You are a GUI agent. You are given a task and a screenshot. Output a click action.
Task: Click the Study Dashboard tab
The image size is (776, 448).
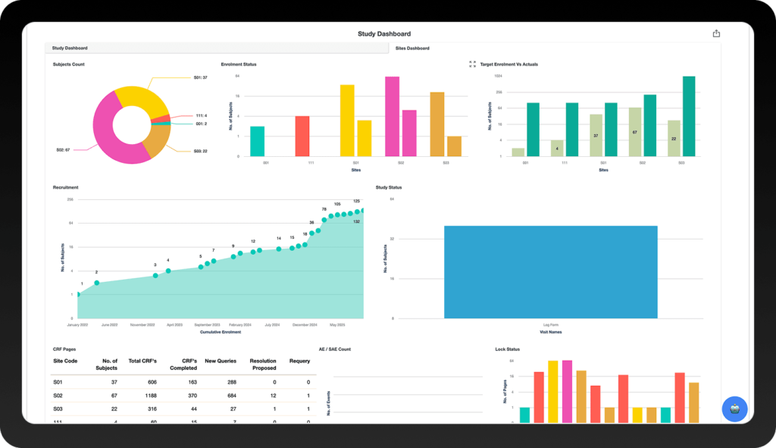[x=70, y=48]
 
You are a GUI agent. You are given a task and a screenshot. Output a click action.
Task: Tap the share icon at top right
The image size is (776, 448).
[x=716, y=33]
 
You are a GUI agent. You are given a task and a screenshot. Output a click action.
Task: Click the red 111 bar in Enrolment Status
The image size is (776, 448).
[x=302, y=136]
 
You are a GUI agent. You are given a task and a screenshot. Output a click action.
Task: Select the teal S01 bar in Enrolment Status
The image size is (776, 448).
[x=257, y=141]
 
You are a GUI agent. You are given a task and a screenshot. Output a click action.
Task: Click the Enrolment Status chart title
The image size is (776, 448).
[x=239, y=64]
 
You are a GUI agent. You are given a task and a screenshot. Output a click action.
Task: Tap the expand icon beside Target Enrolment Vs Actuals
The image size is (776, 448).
[x=472, y=64]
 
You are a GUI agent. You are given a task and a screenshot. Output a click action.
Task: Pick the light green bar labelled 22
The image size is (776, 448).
[x=674, y=138]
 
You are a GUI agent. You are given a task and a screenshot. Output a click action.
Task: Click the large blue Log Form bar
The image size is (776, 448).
[x=550, y=271]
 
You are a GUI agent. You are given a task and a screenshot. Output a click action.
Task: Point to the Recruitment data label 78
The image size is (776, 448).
[x=324, y=209]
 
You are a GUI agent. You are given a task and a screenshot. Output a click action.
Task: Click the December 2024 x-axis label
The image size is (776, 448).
[x=304, y=324]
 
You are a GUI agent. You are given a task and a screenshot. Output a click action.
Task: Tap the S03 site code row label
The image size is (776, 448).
[x=58, y=409]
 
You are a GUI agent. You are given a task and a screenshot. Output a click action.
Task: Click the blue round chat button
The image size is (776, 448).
[x=734, y=409]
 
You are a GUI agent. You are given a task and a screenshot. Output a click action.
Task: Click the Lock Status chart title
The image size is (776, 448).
[x=507, y=349]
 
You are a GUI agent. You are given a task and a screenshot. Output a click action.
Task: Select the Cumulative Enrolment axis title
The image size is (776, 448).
[x=221, y=332]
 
